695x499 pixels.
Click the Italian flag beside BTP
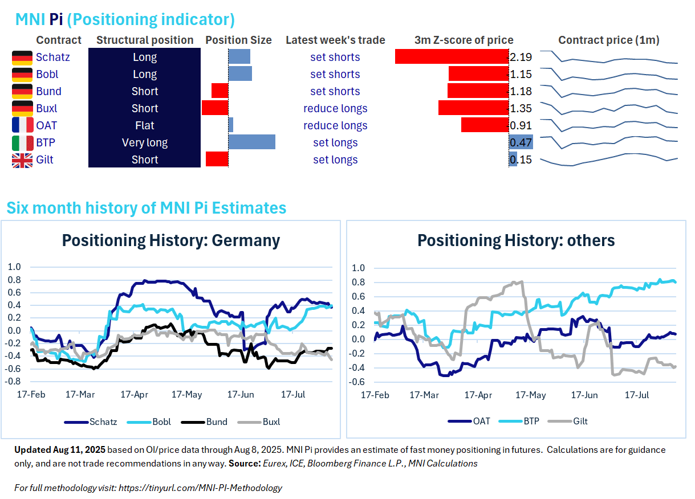[x=22, y=143]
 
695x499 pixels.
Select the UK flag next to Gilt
[x=22, y=160]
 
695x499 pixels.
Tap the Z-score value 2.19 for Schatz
[x=521, y=58]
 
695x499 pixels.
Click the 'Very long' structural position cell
[x=145, y=143]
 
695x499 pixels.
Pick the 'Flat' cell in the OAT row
[x=145, y=126]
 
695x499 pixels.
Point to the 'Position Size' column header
[x=238, y=40]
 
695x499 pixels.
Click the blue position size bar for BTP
[x=252, y=142]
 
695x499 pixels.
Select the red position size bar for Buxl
[x=215, y=108]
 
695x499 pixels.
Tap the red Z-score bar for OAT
[x=485, y=125]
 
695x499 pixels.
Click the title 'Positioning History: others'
[x=516, y=240]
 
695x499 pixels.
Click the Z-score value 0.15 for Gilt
[x=521, y=160]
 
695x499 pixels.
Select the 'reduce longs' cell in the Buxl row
[x=335, y=109]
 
